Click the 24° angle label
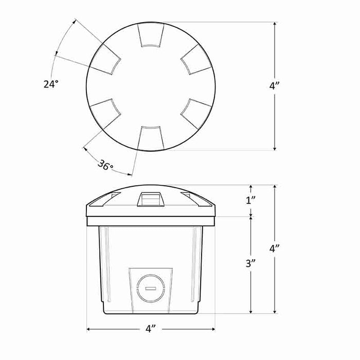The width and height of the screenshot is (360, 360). point(50,83)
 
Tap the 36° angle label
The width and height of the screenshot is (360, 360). point(105,166)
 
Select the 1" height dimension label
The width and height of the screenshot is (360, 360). point(250,200)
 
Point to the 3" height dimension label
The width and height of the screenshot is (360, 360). point(250,264)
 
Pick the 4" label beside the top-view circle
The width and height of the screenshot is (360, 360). point(274,86)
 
